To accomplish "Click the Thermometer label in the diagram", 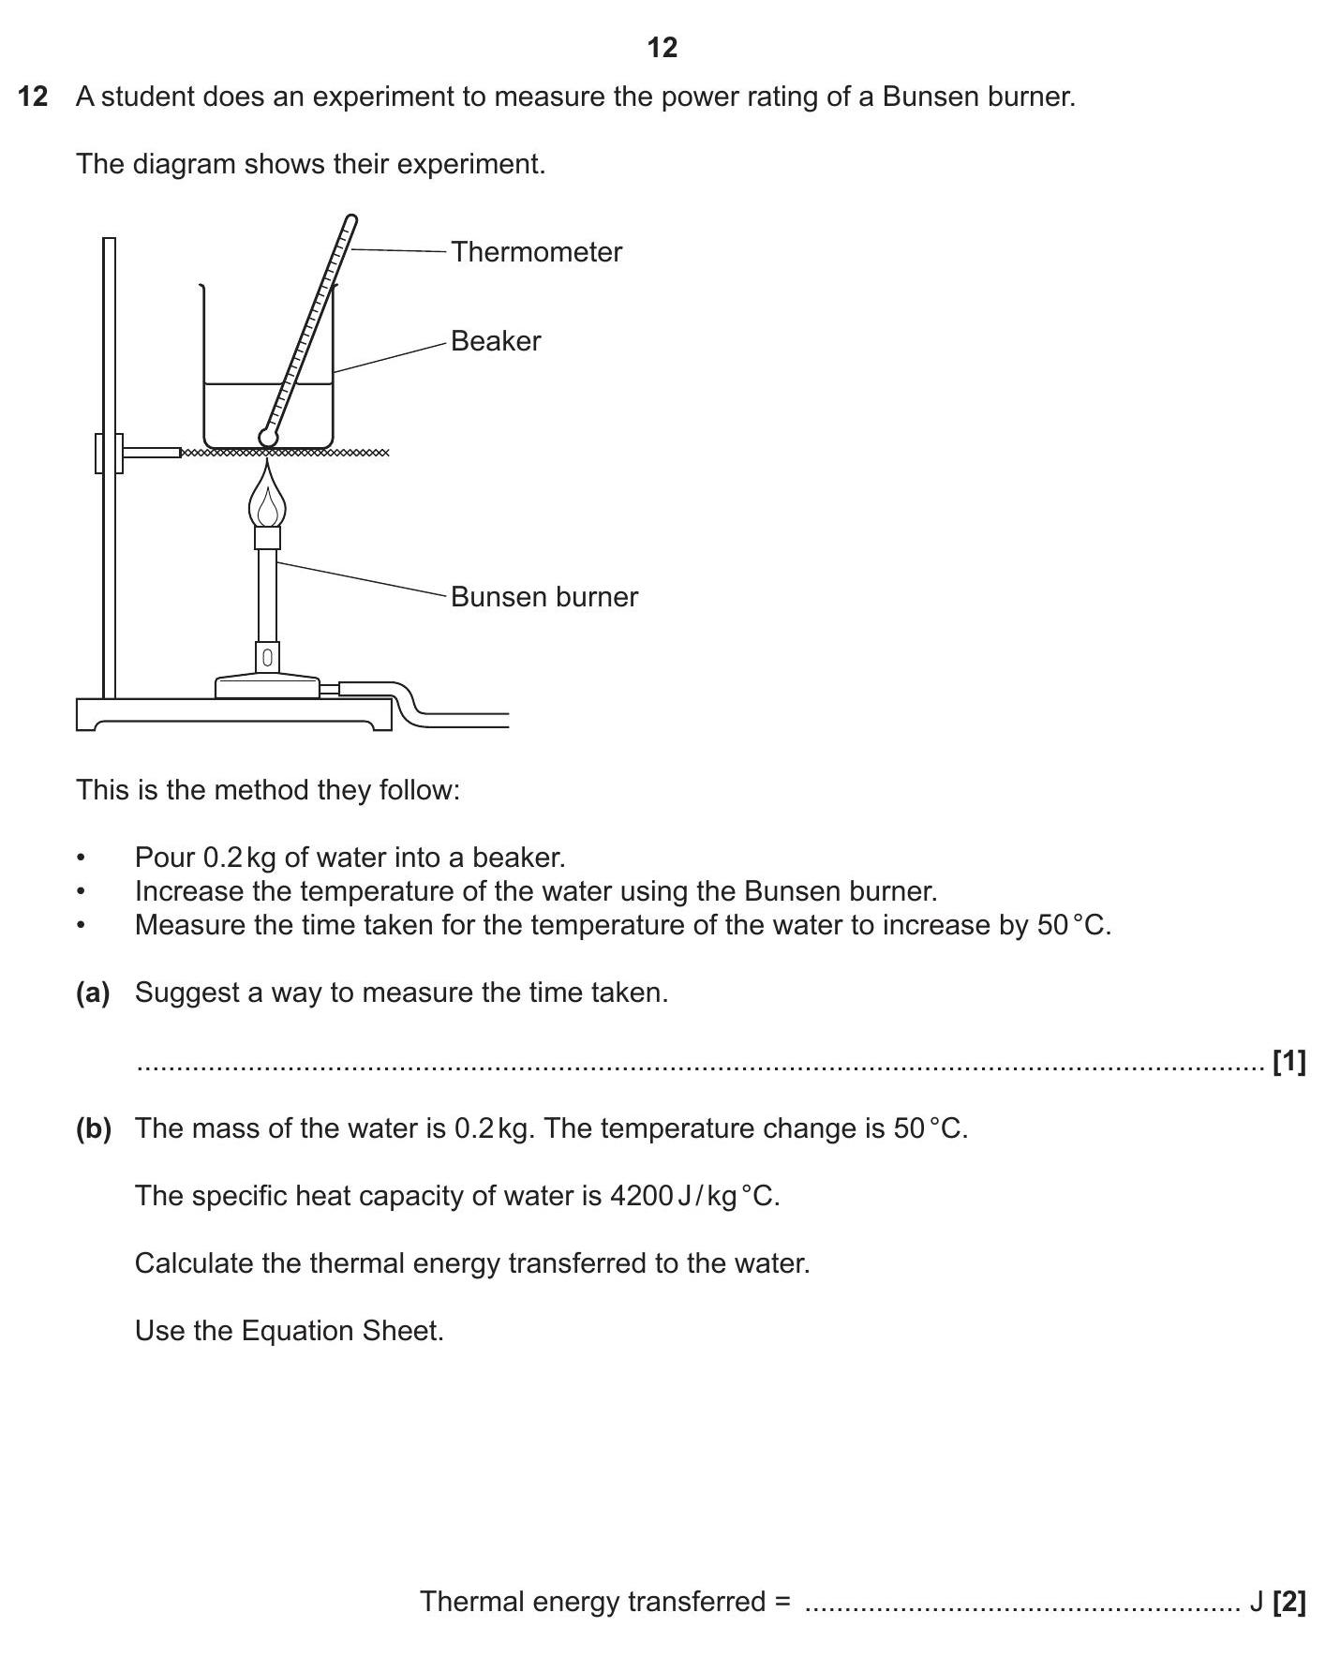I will click(536, 252).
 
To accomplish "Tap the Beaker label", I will click(496, 341).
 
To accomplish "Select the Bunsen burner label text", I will click(543, 597).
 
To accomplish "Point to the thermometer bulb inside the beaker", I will click(268, 437).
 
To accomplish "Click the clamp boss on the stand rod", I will click(109, 454).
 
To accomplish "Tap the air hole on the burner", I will click(268, 658).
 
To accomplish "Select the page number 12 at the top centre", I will click(662, 48).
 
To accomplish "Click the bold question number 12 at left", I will click(33, 97).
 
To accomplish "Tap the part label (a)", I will click(93, 993).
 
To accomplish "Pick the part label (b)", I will click(93, 1128).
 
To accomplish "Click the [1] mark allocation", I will click(1288, 1062).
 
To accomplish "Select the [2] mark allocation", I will click(1288, 1602).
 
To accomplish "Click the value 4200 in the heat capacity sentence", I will click(640, 1196).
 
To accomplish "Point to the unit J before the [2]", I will click(1256, 1602).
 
